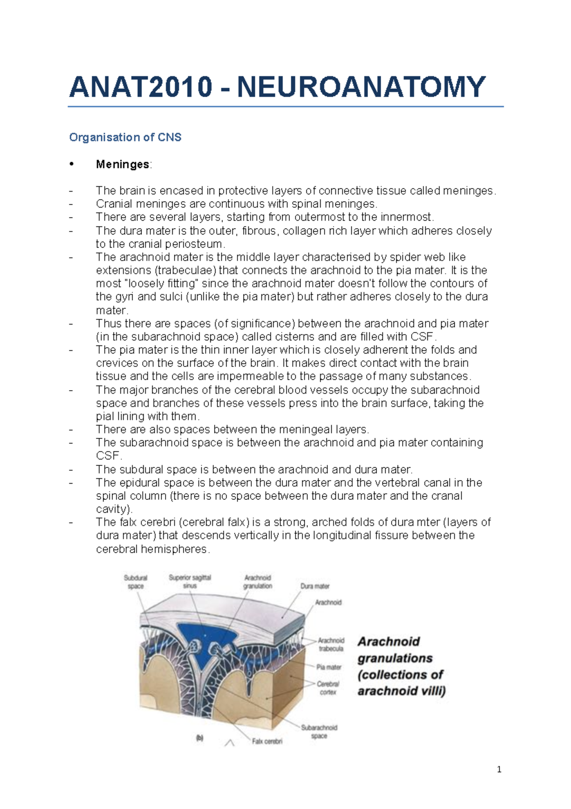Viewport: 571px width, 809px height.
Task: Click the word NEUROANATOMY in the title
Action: (361, 87)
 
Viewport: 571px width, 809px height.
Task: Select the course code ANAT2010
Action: (141, 87)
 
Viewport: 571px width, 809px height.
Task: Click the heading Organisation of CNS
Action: (125, 137)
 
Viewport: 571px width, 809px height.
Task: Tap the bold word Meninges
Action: (123, 164)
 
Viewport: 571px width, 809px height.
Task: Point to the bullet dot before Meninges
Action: (71, 164)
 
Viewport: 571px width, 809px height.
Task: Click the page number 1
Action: (499, 769)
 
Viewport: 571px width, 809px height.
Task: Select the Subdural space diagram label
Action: (136, 582)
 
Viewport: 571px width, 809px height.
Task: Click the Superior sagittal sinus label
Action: (190, 581)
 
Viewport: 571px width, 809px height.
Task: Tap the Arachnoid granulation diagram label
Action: (257, 582)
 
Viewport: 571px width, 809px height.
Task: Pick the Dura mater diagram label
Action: (315, 586)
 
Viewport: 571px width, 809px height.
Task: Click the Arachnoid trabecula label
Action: (331, 644)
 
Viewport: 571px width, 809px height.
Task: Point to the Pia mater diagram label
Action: (329, 667)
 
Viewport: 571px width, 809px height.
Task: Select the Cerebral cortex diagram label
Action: (328, 688)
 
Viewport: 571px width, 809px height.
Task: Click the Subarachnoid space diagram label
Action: (319, 731)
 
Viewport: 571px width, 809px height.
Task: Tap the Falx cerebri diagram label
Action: (267, 741)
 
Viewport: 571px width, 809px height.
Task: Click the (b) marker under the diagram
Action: (200, 738)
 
